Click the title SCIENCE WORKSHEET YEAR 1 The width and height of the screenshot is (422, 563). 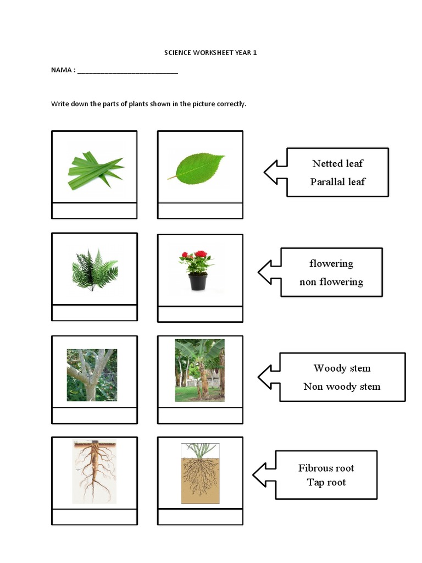(210, 53)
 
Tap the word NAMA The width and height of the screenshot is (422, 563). (61, 70)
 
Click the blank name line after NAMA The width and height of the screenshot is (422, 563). (127, 71)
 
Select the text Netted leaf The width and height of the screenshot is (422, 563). (337, 163)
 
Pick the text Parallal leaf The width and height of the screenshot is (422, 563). (337, 181)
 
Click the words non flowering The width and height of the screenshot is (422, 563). (331, 281)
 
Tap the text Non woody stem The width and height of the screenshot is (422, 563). (342, 387)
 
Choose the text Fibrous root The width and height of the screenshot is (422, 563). (326, 468)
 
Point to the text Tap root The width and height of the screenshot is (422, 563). (326, 482)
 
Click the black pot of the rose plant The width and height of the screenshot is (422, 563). (198, 282)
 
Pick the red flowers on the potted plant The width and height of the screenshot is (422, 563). (196, 256)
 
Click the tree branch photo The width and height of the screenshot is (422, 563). (91, 375)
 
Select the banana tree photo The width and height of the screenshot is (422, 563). (199, 370)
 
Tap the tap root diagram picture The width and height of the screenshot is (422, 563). (94, 472)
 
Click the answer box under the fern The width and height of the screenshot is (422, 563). (94, 313)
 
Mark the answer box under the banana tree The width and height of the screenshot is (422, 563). (200, 416)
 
